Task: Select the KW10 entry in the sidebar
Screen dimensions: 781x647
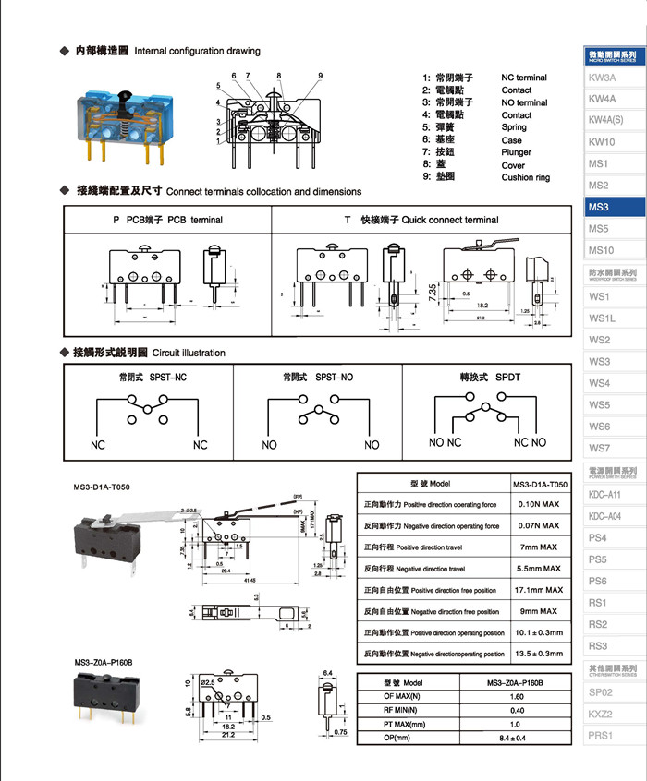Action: [x=603, y=142]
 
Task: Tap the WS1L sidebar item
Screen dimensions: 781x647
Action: [x=603, y=318]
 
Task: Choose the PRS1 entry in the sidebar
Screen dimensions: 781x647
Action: [x=602, y=735]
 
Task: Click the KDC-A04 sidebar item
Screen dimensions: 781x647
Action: [x=604, y=516]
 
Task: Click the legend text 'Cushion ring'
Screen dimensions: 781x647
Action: [x=525, y=177]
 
